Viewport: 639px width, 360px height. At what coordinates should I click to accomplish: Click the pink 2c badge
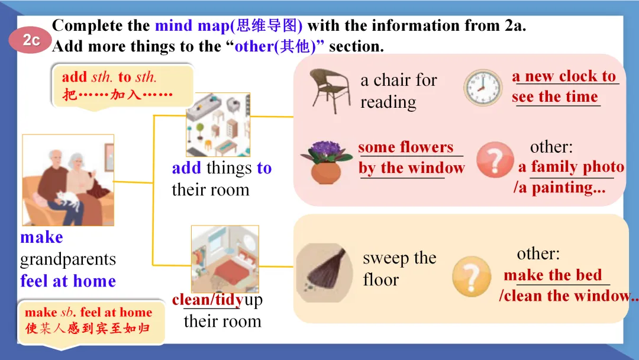[x=30, y=40]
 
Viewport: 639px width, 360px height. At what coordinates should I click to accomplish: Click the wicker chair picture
[x=330, y=91]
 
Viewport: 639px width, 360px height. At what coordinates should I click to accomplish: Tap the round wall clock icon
[x=483, y=88]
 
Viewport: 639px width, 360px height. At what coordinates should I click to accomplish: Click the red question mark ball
[x=495, y=160]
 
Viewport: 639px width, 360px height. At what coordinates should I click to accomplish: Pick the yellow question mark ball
[x=472, y=276]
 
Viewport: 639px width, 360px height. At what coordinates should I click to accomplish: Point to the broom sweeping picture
[x=324, y=273]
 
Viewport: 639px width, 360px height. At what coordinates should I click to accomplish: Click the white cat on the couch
[x=69, y=200]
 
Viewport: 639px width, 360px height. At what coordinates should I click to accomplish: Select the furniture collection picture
[x=218, y=125]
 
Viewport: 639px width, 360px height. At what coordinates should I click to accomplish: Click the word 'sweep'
[x=386, y=259]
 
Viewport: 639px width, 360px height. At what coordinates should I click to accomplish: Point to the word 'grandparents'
[x=68, y=260]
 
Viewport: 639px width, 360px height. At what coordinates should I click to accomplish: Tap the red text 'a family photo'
[x=571, y=167]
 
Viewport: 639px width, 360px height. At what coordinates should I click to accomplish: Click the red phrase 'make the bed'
[x=553, y=275]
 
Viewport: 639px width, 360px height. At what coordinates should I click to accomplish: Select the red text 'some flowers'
[x=405, y=147]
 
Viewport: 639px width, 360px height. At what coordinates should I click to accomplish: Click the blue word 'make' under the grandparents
[x=41, y=237]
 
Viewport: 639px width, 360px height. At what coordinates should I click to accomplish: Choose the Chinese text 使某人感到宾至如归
[x=88, y=328]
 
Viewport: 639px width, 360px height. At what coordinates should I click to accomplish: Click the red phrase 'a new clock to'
[x=564, y=76]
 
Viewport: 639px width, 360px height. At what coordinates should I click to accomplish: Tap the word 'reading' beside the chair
[x=388, y=102]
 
